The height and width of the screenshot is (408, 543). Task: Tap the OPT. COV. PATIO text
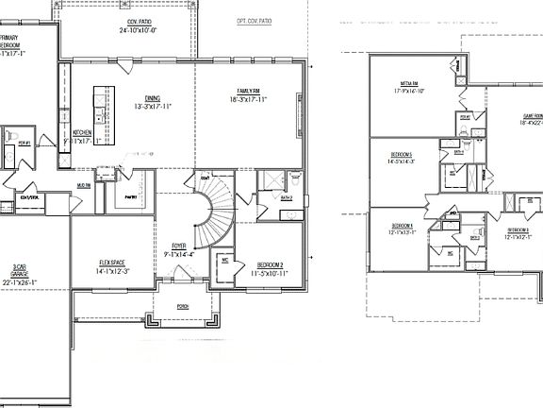coord(254,19)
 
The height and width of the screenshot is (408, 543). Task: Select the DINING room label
coord(152,97)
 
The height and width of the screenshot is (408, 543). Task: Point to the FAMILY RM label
coord(249,90)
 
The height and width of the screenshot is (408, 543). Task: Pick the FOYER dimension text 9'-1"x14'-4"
coord(178,254)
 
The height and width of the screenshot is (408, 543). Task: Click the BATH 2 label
coord(285,198)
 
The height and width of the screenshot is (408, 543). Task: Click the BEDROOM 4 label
coord(402,225)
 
